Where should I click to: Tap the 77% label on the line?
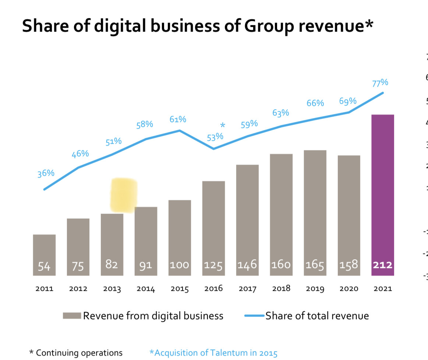coord(380,83)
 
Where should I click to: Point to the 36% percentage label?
coord(46,173)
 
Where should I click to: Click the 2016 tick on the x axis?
coord(213,289)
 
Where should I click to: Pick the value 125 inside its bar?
coord(213,265)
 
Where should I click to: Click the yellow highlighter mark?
coord(124,195)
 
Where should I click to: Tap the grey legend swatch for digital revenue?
coord(72,316)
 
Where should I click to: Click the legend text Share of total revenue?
coord(317,316)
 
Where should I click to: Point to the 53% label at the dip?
coord(215,137)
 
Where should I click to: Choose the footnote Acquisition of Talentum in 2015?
coord(213,353)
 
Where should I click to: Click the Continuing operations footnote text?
coord(79,353)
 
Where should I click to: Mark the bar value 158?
coord(349,265)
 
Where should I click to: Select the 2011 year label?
coord(44,289)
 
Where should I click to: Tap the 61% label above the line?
coord(178,119)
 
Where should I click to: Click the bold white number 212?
coord(383,265)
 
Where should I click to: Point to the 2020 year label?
coord(349,289)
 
